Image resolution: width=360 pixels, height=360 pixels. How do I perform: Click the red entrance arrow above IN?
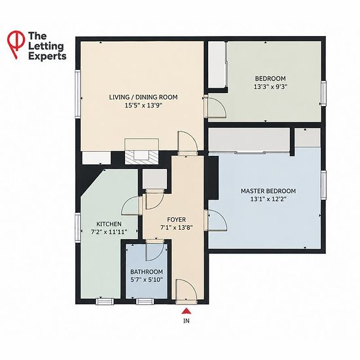tap(187, 311)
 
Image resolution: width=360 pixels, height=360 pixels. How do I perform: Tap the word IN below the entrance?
tap(187, 321)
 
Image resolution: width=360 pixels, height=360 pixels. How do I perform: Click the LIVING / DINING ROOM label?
tap(143, 97)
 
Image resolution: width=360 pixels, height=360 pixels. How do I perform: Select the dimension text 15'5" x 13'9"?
tap(143, 105)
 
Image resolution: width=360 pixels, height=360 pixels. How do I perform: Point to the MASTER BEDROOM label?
tap(268, 191)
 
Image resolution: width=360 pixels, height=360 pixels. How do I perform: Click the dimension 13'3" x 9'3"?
tap(271, 87)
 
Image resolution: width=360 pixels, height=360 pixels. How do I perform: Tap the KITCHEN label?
tap(109, 224)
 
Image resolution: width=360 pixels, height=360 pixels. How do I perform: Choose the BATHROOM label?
tap(147, 272)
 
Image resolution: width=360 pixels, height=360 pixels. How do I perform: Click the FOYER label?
tap(176, 220)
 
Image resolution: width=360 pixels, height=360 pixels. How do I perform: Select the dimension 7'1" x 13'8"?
tap(176, 228)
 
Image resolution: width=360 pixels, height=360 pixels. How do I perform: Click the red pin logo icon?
tap(16, 45)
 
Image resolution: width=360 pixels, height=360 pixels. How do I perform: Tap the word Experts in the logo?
tap(47, 56)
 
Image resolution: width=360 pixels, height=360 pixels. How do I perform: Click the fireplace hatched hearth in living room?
tap(141, 157)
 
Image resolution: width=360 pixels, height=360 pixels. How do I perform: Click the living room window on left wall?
tap(78, 94)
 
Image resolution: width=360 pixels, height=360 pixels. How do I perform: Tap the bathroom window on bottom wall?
tap(145, 301)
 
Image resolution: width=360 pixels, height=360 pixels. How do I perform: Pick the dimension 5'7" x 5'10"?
tap(147, 279)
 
